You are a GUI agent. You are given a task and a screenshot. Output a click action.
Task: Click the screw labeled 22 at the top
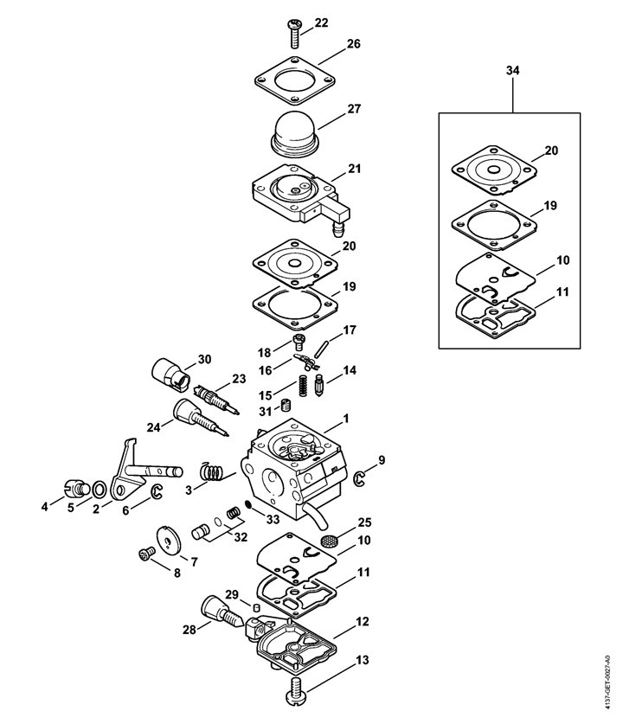coord(293,33)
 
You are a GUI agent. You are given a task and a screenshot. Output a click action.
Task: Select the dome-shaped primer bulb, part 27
coord(293,134)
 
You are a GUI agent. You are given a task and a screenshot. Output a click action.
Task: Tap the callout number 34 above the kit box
coord(512,71)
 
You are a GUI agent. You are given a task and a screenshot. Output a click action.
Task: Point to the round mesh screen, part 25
coord(327,541)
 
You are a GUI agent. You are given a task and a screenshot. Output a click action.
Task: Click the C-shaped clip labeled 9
coord(359,479)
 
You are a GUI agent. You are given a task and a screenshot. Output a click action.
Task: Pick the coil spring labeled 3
coord(212,472)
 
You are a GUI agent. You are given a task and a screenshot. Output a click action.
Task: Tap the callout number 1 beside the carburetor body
coord(346,420)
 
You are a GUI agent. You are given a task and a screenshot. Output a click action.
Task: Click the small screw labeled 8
coord(147,554)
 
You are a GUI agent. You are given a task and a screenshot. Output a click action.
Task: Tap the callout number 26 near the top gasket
coord(354,44)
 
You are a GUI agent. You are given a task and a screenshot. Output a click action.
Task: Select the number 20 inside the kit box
coord(551,151)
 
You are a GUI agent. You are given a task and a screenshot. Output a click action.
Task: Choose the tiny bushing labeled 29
coord(256,605)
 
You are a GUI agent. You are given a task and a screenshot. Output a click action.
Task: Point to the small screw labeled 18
coord(299,343)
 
